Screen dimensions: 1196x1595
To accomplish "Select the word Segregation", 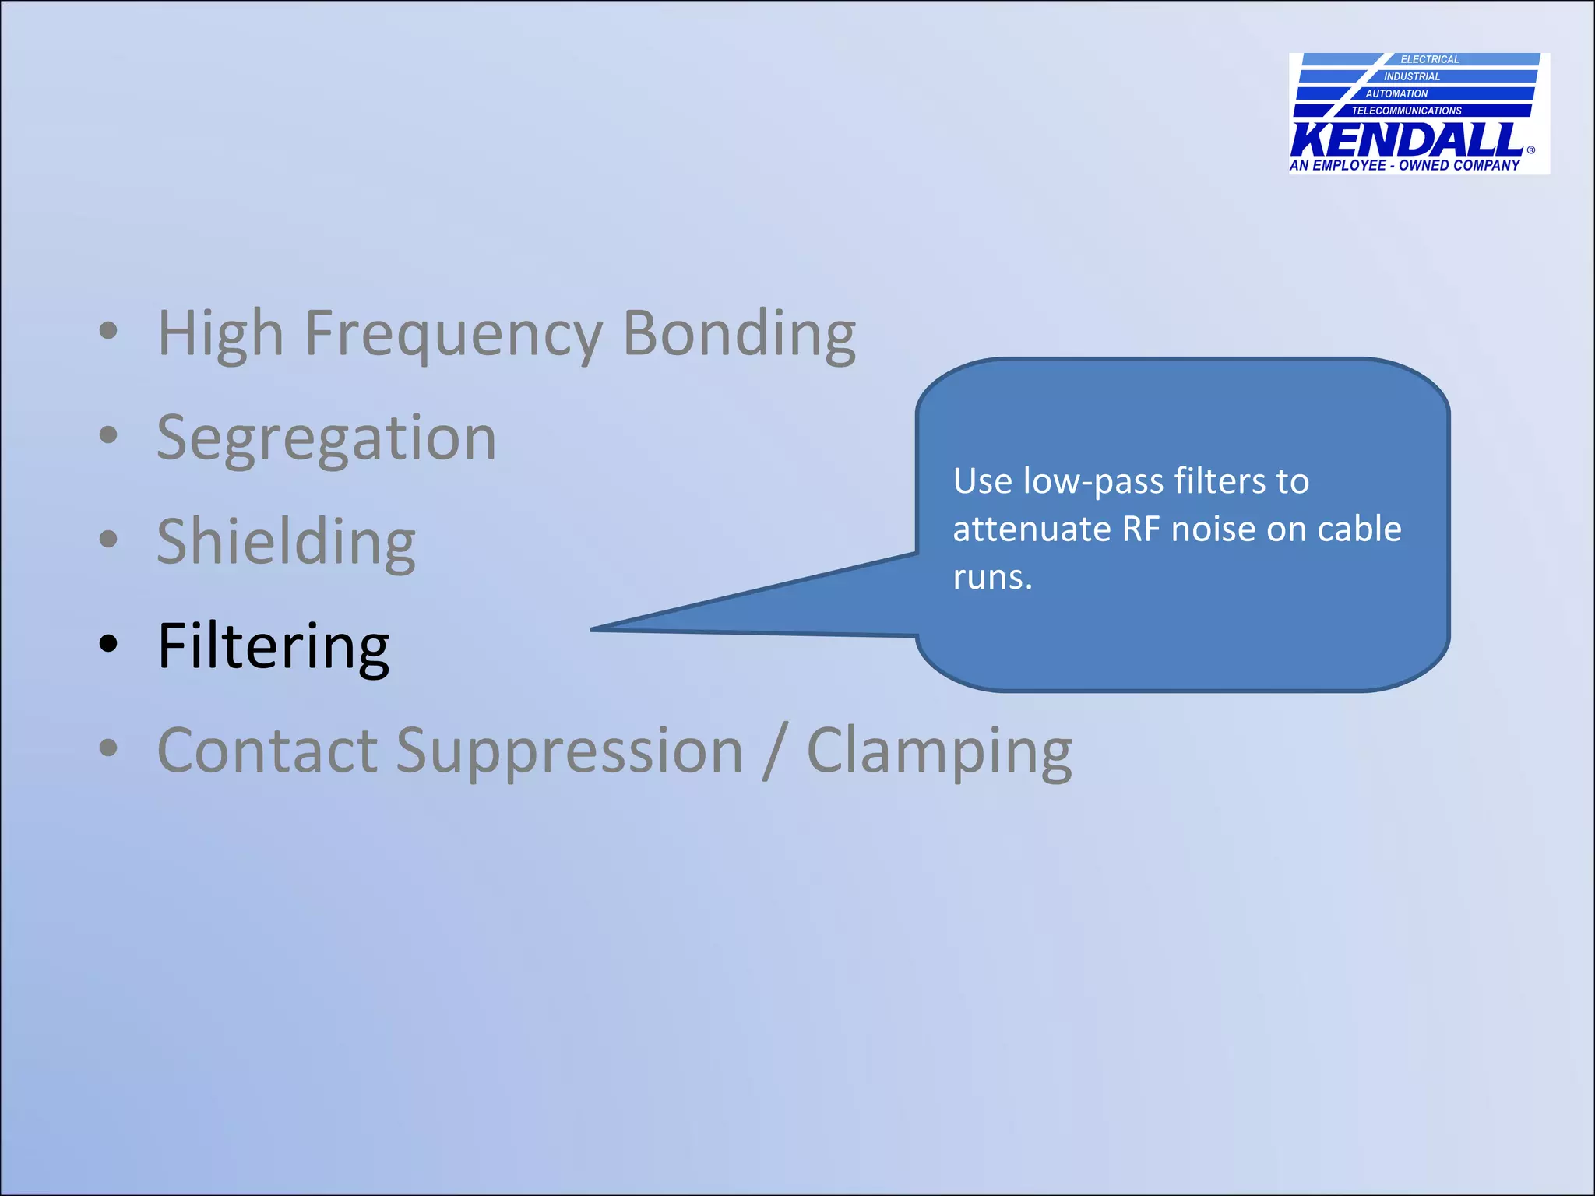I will coord(326,438).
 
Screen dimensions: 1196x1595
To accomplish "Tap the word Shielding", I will coord(286,542).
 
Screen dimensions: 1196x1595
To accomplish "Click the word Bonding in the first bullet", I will coord(739,333).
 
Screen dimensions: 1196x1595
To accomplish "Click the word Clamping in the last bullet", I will coord(938,751).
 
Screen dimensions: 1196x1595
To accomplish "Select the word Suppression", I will coord(569,751).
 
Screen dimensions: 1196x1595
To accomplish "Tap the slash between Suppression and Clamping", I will coord(775,751).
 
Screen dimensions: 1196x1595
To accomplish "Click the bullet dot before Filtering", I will coord(108,644).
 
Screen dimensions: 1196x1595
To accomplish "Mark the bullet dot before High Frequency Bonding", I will coord(108,330).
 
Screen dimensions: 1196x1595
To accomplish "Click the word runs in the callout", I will coord(988,578).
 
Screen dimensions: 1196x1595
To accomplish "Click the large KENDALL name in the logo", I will coord(1407,140).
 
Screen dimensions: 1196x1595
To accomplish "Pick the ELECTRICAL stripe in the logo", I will coord(1429,59).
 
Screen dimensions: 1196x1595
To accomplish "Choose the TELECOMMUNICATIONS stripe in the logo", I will coord(1407,111).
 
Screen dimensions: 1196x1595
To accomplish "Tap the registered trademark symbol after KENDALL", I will coord(1530,150).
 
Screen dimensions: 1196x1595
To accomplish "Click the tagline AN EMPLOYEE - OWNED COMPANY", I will coord(1405,165).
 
